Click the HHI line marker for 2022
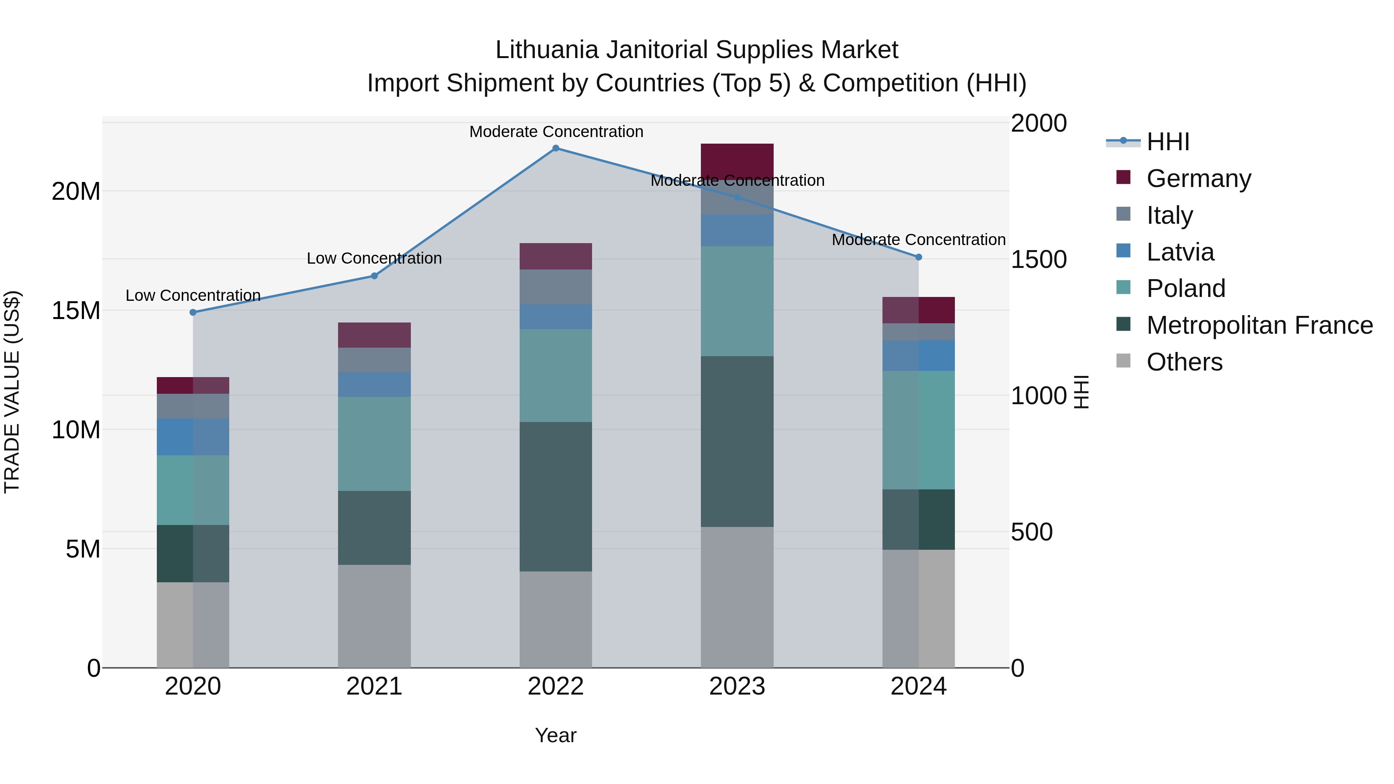(555, 148)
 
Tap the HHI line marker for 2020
(193, 312)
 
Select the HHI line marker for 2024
(918, 257)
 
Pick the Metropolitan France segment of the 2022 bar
(555, 496)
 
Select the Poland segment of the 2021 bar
(374, 444)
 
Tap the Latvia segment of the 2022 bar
(555, 317)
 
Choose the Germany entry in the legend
(1198, 178)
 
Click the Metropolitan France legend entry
(1259, 325)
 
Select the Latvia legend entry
(1180, 252)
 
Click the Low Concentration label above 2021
(374, 259)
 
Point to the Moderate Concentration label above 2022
(556, 132)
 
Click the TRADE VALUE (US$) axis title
(12, 392)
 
